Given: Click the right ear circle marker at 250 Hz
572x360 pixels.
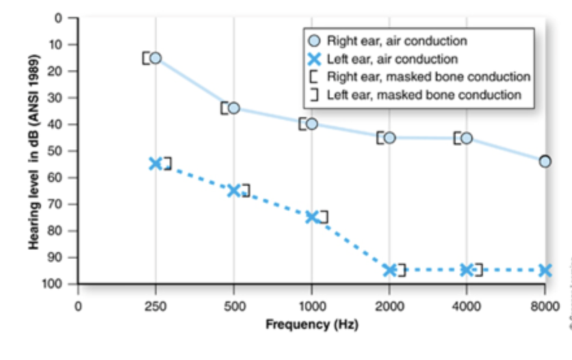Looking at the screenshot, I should pos(155,58).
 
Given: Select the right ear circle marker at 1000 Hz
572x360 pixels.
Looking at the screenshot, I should pos(311,123).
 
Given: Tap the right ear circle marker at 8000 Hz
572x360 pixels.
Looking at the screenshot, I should pos(545,161).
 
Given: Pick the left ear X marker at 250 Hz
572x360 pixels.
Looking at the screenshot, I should pos(155,163).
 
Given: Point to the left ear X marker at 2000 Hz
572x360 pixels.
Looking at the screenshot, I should pos(389,270).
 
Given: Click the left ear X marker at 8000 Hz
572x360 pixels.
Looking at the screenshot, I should pos(545,270).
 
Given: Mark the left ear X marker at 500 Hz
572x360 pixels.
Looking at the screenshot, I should pos(234,190).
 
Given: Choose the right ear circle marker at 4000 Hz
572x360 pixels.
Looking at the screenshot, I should pos(466,138).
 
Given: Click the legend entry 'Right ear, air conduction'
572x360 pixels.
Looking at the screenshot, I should pos(396,41).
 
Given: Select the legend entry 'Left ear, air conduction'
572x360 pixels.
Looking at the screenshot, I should pos(392,59).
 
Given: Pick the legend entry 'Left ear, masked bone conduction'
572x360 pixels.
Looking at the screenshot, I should pos(424,95).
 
